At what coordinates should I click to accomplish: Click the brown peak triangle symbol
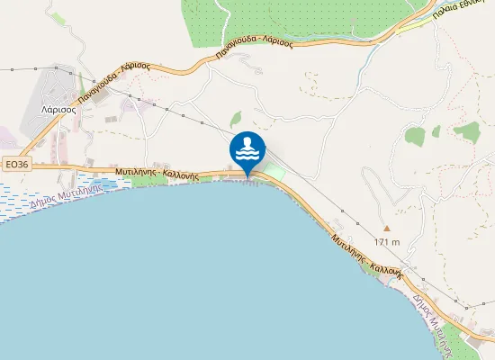(387, 228)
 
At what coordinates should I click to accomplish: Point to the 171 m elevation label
(387, 242)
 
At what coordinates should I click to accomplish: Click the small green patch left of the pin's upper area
(236, 118)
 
